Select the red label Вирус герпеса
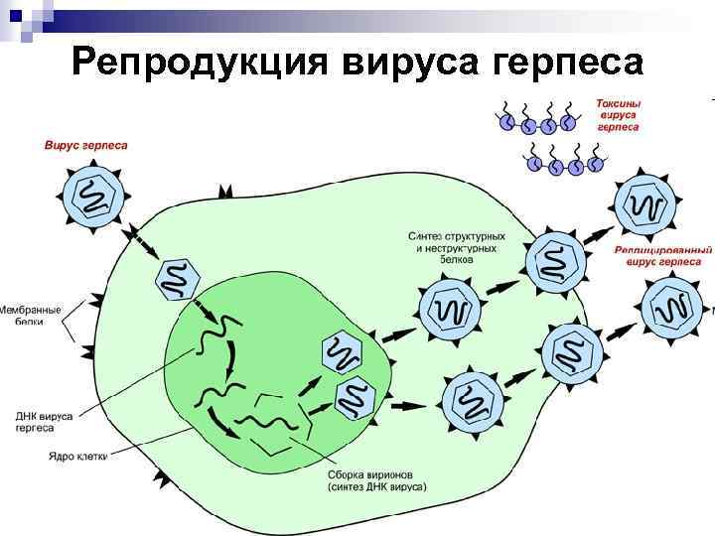86,145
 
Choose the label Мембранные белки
30,316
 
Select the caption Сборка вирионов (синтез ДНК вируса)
376,480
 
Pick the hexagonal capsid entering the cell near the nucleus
177,278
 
